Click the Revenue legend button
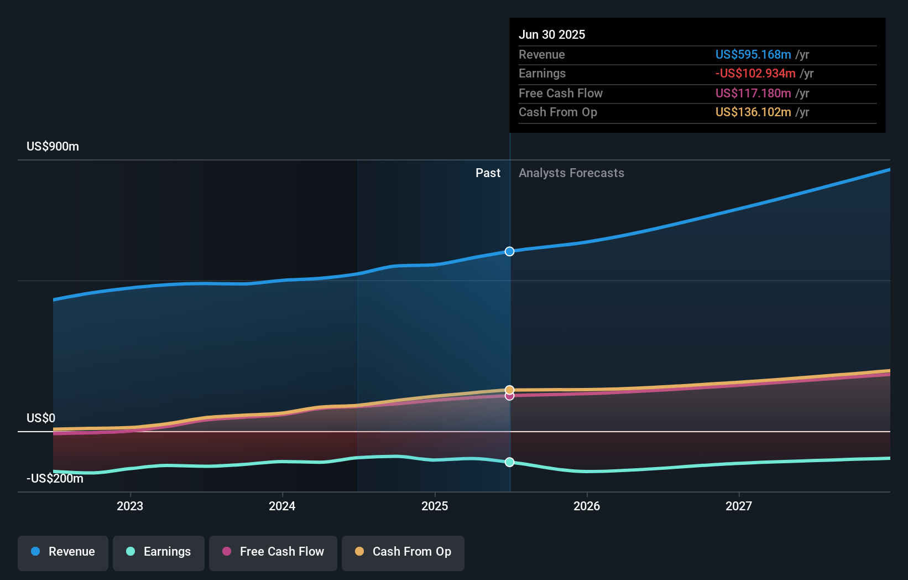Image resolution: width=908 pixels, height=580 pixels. coord(63,552)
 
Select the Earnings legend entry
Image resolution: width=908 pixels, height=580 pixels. coord(159,552)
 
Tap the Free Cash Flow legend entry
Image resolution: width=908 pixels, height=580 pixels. coord(273,552)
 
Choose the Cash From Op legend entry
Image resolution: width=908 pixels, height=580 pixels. coord(403,552)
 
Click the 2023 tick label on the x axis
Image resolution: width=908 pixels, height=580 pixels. coord(130,506)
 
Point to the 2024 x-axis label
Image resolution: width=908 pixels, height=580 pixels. coord(282,506)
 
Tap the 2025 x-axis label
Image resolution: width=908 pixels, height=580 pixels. coord(435,506)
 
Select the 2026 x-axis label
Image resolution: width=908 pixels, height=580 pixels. coord(587,506)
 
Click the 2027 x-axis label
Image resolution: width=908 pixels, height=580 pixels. coord(739,506)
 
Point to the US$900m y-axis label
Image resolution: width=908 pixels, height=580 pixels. coord(53,147)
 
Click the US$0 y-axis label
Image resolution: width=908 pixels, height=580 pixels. coord(41,418)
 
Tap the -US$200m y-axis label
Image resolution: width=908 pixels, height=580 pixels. coord(55,478)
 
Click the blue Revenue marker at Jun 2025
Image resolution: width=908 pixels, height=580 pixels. coord(509,251)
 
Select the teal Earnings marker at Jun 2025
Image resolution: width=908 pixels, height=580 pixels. coord(509,462)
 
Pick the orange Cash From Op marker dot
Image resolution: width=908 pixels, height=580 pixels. coord(509,390)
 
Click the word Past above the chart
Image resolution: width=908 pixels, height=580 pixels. coord(488,173)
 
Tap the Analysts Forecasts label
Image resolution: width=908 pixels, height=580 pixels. coord(571,173)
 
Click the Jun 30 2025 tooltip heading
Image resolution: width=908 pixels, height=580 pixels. coord(552,34)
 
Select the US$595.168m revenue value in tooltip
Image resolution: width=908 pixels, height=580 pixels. coord(753,54)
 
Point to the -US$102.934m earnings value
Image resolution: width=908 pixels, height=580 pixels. coord(755,74)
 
